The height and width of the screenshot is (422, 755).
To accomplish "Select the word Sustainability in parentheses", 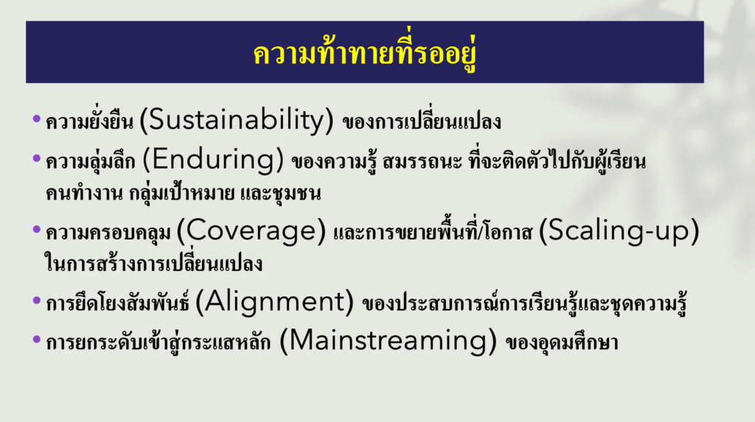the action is pos(237,120).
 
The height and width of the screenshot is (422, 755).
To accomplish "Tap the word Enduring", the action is pos(213,160).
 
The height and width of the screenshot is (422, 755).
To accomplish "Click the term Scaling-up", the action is pos(619,231).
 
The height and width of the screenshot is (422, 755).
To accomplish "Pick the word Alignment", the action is pos(274,302).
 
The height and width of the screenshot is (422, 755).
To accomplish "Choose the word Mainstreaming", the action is pos(388,341).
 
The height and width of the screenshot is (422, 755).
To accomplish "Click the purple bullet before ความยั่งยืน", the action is pos(37,119).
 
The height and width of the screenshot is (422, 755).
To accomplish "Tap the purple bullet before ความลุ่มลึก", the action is pos(37,158).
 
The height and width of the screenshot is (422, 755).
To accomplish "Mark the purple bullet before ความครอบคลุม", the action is pos(37,229).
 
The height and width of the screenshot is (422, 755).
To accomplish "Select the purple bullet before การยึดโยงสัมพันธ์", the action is pos(37,300).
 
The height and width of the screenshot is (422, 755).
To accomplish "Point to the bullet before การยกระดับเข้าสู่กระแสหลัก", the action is pos(37,340).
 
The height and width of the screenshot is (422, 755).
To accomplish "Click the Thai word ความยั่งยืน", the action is pos(89,121).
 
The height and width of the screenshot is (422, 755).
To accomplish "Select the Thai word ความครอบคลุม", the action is pos(108,233).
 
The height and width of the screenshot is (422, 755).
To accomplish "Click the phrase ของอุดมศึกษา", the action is pos(562,342).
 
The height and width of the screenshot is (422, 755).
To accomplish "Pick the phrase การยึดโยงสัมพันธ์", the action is pos(117,303).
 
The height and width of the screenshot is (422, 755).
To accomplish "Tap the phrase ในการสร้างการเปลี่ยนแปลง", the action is pos(153,263).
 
